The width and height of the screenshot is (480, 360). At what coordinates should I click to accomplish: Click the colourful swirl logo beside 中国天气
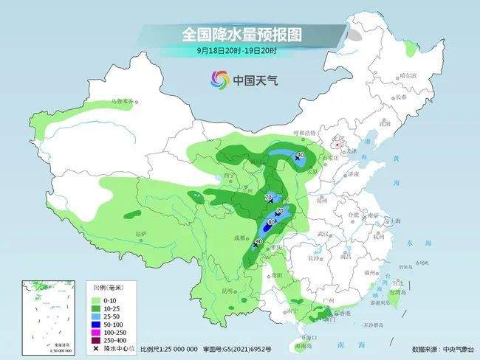[219, 79]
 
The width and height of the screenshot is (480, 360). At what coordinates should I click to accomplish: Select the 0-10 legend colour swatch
[96, 300]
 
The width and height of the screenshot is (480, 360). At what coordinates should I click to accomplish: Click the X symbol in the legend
[96, 349]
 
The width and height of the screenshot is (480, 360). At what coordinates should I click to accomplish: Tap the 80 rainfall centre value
[271, 222]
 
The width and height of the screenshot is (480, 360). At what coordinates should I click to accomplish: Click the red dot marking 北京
[337, 145]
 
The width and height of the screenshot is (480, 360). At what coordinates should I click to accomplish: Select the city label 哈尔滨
[408, 76]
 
